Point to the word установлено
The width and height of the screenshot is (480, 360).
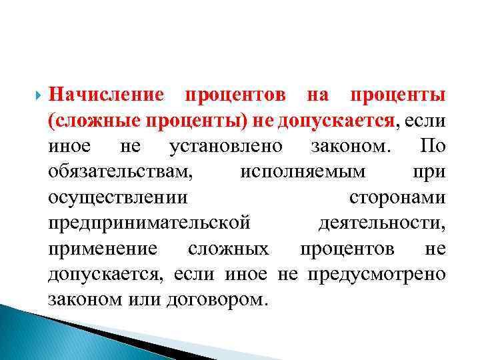coord(226,146)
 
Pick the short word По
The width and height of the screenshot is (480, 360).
coord(433,146)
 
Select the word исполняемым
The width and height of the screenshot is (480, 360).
coord(303,172)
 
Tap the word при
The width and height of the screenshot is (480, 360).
coord(431,172)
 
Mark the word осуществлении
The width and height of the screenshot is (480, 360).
coord(118,198)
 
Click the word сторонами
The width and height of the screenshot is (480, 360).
coord(397,198)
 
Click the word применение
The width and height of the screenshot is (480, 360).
coord(103,249)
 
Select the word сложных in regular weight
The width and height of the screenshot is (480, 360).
coord(229,249)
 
